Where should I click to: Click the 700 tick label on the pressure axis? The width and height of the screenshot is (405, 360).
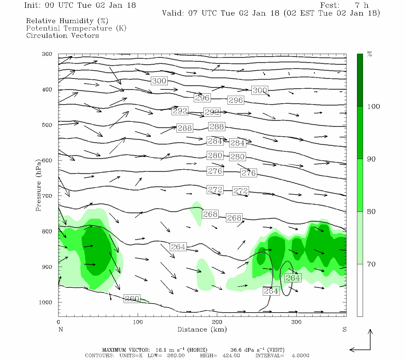[x=47, y=196]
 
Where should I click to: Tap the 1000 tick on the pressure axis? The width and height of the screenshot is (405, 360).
[x=46, y=302]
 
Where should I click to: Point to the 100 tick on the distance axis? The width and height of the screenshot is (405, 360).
[x=138, y=322]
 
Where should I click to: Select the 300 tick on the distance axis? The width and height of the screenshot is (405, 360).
[x=296, y=322]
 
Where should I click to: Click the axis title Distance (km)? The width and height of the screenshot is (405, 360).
[x=202, y=329]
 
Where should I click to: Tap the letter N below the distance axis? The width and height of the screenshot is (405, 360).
[x=61, y=329]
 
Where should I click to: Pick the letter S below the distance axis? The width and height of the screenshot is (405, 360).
[x=344, y=329]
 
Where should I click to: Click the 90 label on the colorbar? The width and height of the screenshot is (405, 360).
[x=371, y=159]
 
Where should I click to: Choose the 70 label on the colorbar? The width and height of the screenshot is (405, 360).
[x=371, y=264]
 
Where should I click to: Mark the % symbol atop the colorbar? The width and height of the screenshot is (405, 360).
[x=370, y=54]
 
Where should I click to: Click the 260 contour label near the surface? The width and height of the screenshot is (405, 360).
[x=132, y=298]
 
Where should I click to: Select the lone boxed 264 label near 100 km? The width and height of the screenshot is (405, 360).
[x=178, y=247]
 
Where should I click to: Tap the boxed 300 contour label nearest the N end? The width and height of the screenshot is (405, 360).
[x=159, y=81]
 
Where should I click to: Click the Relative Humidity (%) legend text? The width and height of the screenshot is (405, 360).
[x=67, y=21]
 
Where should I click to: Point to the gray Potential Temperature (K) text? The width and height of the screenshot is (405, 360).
[x=76, y=28]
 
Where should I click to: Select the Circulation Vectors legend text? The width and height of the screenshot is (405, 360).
[x=62, y=35]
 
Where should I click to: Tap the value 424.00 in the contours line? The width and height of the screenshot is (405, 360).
[x=231, y=355]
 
